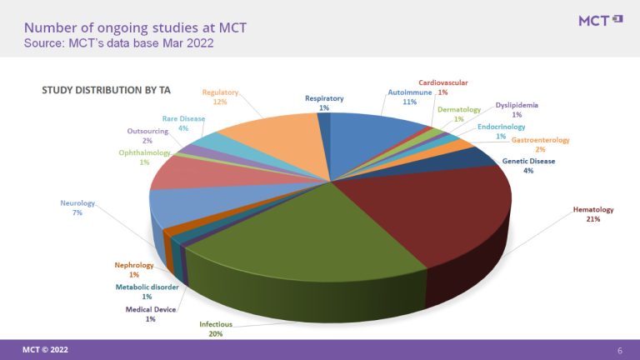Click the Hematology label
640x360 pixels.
pyautogui.click(x=592, y=214)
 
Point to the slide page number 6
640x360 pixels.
pyautogui.click(x=619, y=349)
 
